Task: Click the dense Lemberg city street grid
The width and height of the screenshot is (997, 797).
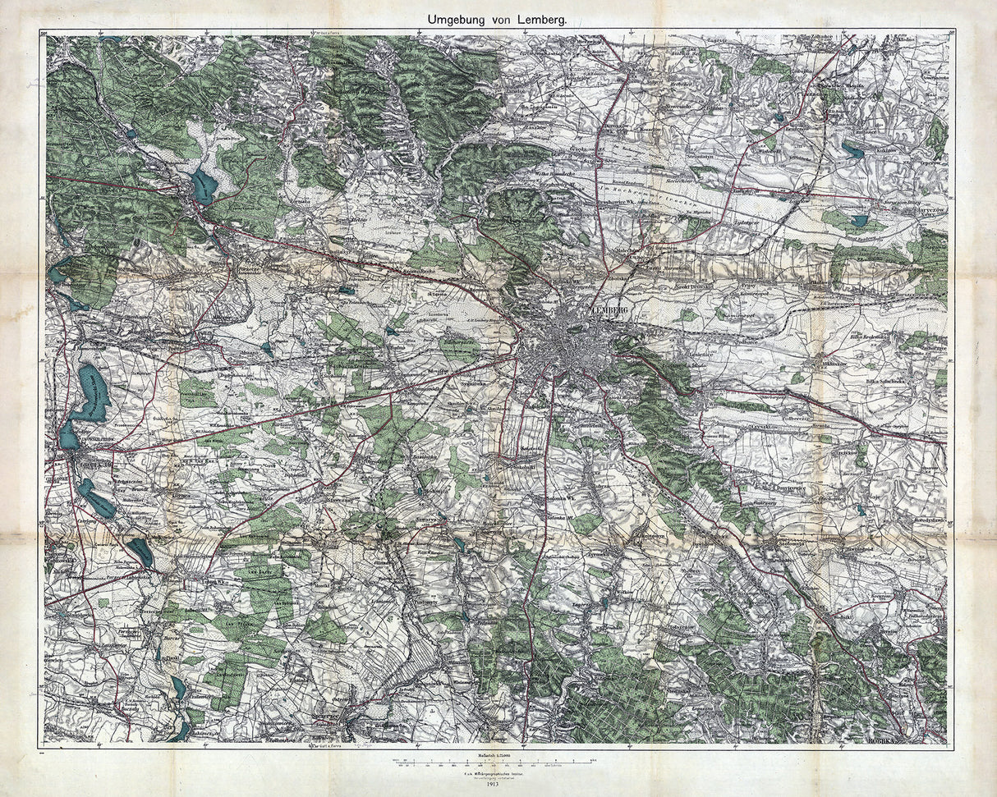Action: [x=567, y=345]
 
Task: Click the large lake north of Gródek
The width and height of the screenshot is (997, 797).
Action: [x=91, y=392]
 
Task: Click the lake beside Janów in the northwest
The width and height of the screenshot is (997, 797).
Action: [x=203, y=186]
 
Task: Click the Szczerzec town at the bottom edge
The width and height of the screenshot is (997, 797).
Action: [x=345, y=722]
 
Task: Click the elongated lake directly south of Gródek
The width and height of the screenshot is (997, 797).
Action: [x=97, y=498]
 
